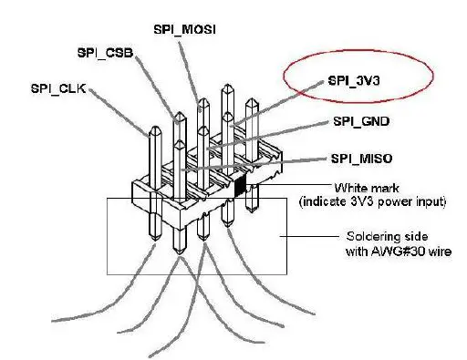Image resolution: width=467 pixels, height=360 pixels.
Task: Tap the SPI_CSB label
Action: (x=105, y=54)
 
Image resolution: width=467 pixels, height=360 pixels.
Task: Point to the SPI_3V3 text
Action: (x=354, y=80)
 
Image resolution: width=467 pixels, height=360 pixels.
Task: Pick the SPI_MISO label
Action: (x=361, y=159)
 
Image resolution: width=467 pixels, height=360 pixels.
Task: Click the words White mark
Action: (x=352, y=185)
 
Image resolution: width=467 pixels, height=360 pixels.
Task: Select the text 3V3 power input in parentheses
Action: (x=395, y=200)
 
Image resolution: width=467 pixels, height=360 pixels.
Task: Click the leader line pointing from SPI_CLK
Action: (x=119, y=110)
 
